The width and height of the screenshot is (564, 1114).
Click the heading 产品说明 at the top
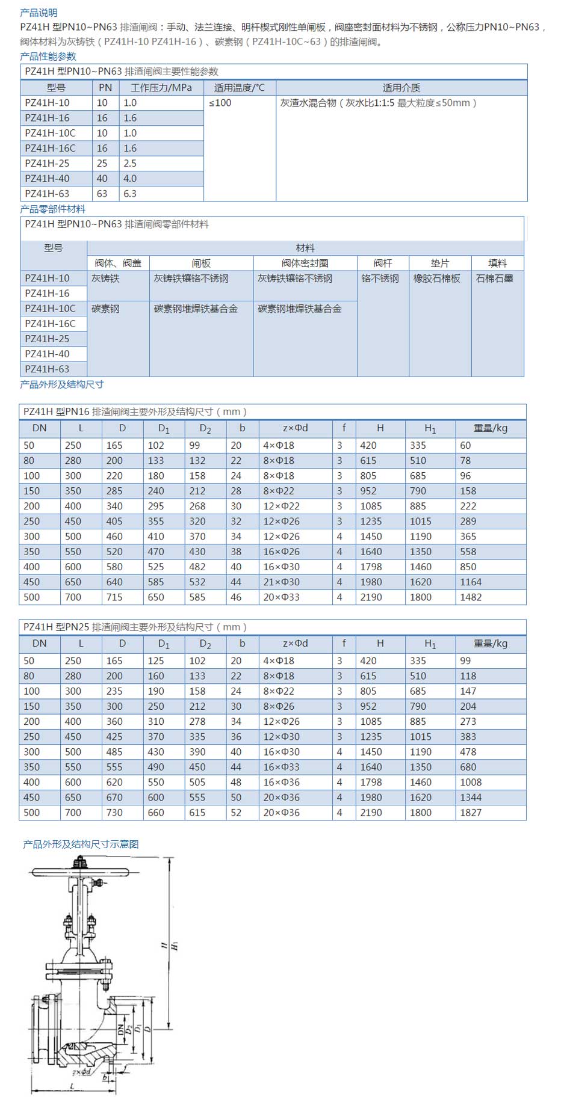coord(39,13)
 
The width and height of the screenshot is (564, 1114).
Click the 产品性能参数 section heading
coord(48,57)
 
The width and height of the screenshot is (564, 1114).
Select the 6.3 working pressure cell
coord(130,194)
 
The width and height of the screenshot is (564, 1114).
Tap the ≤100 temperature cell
coord(220,103)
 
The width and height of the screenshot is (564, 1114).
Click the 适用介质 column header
coord(401,88)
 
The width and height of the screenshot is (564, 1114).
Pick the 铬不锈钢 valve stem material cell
coord(380,278)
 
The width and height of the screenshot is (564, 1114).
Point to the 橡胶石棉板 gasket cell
coord(436,278)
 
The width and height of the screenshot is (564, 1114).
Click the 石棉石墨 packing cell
coord(494,278)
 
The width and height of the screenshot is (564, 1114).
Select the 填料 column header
coord(497,263)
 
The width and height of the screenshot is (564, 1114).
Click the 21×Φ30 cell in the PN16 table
coord(281,582)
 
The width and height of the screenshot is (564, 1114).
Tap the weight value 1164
coord(471,582)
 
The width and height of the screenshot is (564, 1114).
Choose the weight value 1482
coord(471,597)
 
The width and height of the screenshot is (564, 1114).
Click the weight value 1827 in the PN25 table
coord(471,813)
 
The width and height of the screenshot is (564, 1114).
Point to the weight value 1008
coord(471,783)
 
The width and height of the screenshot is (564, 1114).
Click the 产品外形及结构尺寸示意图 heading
coord(81,845)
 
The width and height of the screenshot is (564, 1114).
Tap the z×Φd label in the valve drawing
coord(81,1072)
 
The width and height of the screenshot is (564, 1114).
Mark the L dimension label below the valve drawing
coord(72,1087)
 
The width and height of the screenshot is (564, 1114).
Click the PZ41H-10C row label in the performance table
coord(50,133)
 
